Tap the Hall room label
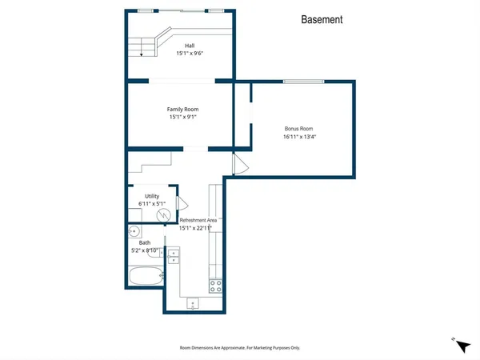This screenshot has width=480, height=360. tap(190, 46)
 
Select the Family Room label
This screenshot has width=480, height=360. tap(183, 109)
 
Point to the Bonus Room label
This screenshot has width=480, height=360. tap(298, 128)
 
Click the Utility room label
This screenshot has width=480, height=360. tap(152, 196)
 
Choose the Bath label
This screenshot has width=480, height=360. tap(145, 242)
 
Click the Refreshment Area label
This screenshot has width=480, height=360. tap(198, 220)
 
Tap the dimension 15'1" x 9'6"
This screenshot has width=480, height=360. tap(190, 54)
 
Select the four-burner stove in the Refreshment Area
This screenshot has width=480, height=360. tap(215, 284)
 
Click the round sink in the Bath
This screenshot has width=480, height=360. tap(134, 232)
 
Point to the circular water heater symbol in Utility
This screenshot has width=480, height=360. tap(162, 214)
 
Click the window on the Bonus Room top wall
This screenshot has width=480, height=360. tap(304, 81)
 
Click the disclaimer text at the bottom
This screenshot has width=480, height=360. tap(240, 347)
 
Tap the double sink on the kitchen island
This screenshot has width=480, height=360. tap(173, 255)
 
